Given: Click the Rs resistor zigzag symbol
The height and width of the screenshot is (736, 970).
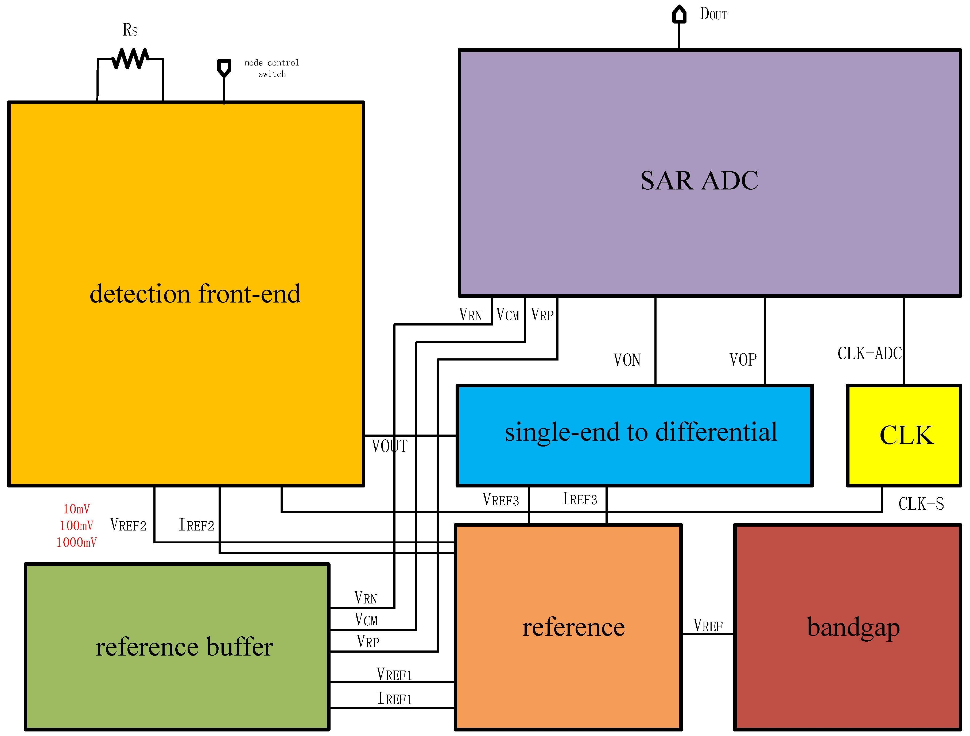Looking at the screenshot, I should click(130, 59).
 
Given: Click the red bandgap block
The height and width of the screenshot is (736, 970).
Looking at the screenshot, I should click(847, 627).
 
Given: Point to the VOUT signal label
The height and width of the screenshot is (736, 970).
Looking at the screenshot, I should click(389, 446).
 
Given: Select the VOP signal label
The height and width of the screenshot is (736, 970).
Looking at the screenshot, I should click(743, 360).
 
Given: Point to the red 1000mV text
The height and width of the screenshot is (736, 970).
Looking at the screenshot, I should click(76, 543).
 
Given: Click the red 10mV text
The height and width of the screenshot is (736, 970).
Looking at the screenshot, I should click(76, 509).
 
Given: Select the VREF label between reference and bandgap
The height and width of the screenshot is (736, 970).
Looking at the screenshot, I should click(708, 625).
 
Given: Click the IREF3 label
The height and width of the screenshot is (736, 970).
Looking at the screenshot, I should click(580, 499).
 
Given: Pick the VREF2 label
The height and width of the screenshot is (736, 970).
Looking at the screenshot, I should click(128, 525).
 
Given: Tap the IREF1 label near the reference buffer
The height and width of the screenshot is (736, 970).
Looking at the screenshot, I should click(395, 699).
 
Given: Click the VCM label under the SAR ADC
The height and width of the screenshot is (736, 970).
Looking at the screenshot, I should click(507, 315).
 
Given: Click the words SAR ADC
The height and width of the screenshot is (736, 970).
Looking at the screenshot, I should click(699, 180).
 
